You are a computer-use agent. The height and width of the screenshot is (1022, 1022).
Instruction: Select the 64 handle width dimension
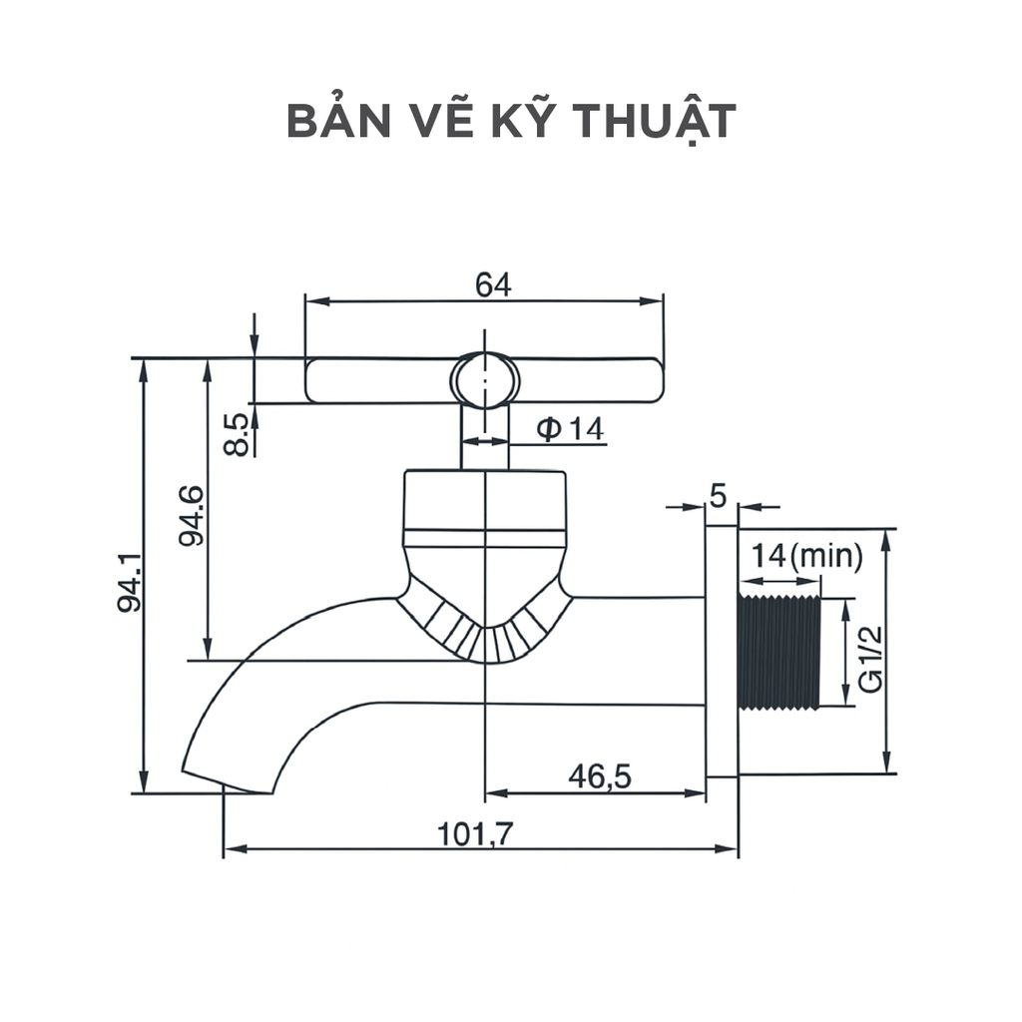point(492,284)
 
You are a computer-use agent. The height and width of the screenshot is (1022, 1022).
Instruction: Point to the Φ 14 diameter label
point(570,429)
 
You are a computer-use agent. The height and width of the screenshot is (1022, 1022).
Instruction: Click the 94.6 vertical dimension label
point(192,515)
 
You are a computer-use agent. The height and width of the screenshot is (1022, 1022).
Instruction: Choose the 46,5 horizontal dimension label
point(599,775)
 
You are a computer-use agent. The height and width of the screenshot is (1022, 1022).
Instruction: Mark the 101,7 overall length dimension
point(475,833)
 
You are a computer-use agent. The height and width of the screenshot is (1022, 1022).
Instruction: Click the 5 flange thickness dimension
point(719,493)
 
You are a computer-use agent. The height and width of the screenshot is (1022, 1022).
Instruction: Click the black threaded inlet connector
point(778,653)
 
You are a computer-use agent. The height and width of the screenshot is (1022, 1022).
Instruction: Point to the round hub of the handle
point(485,380)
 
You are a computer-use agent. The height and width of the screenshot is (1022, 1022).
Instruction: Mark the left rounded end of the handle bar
point(317,380)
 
